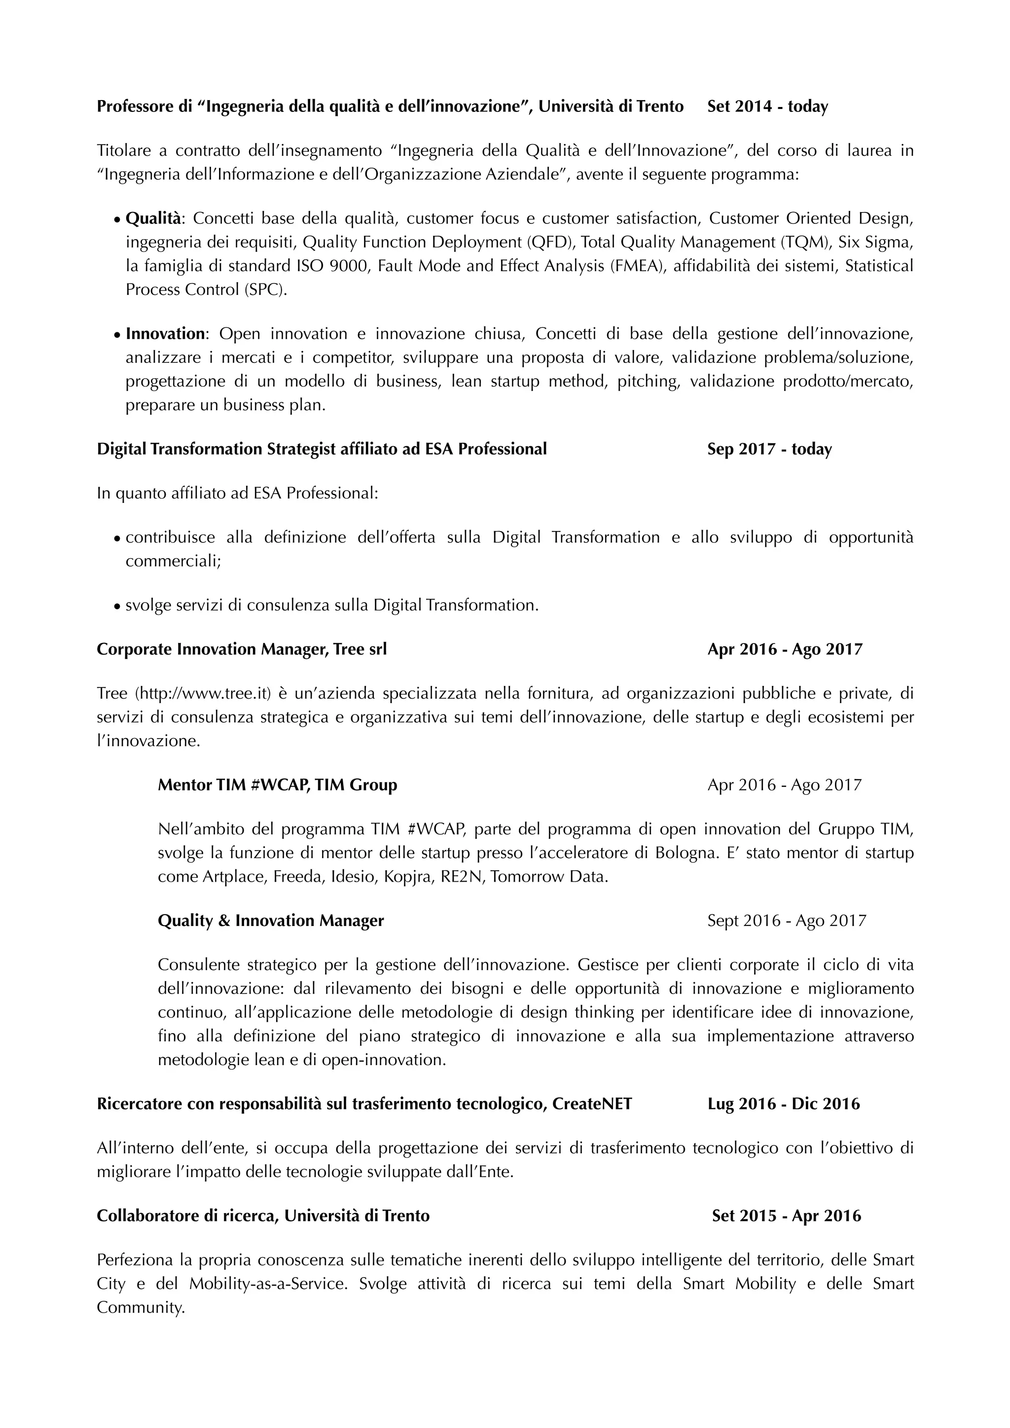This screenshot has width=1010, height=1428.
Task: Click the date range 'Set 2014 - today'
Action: pos(767,107)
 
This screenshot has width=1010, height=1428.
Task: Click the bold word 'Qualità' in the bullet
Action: pos(153,218)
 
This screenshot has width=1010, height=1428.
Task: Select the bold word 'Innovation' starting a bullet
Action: pos(165,334)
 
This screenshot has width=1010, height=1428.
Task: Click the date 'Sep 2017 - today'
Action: pos(769,449)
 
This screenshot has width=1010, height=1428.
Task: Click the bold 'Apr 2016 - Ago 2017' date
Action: pos(784,649)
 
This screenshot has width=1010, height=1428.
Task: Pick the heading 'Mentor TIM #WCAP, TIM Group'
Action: pos(277,785)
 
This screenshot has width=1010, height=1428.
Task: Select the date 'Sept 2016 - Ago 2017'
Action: pos(786,921)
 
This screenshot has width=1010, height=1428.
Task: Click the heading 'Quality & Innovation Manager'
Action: pos(271,921)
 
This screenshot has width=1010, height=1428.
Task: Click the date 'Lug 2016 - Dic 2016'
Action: pos(783,1104)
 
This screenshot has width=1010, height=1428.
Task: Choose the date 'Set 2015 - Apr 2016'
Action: pos(786,1215)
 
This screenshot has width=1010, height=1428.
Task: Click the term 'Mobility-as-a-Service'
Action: pos(267,1284)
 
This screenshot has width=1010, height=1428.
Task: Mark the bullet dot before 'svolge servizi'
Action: pos(116,606)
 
